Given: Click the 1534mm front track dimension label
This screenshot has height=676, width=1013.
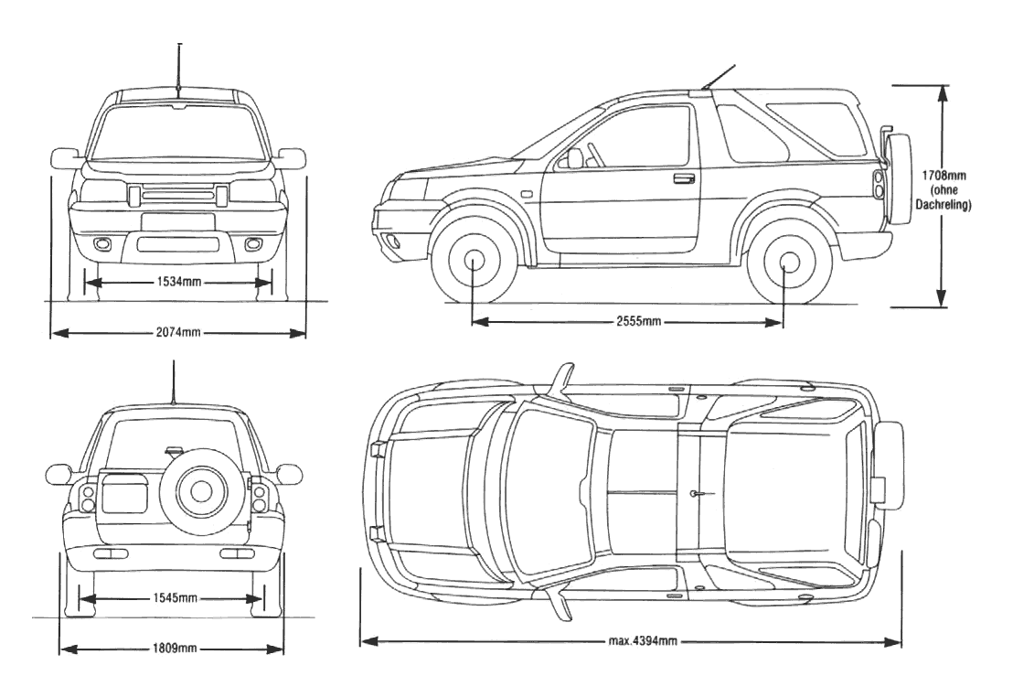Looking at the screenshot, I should point(179,282).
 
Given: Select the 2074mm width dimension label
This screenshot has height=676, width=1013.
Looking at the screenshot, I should point(178,333).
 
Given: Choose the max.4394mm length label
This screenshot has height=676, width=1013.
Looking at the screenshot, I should point(643,640).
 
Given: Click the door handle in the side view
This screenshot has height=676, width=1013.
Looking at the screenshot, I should point(683,178).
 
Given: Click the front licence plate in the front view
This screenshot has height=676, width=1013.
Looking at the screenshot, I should point(179,222).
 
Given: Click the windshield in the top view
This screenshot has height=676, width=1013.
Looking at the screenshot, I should point(549,494).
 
